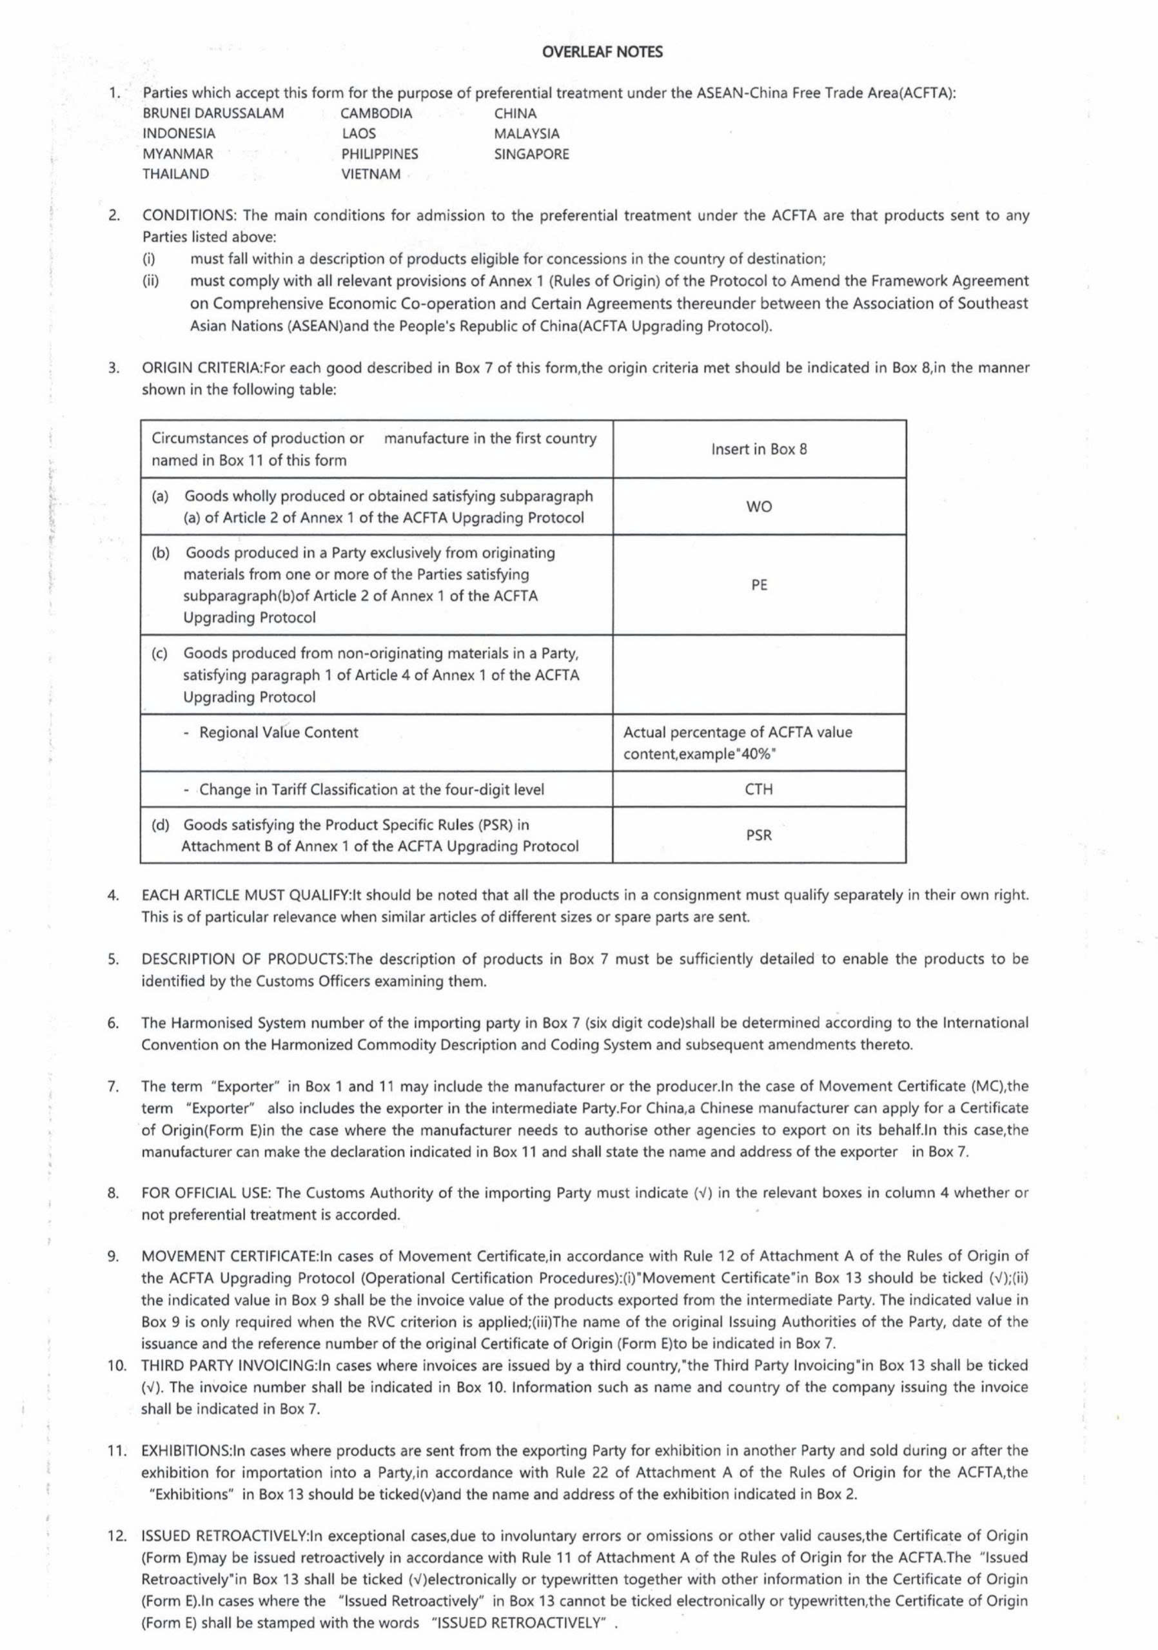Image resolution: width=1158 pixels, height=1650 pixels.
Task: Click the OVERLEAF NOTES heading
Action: tap(602, 52)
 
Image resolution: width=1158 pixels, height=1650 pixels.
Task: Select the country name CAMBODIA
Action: tap(376, 113)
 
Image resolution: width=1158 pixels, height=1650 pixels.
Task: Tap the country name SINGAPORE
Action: tap(531, 154)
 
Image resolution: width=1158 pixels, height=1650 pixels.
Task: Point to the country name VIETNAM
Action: tap(370, 174)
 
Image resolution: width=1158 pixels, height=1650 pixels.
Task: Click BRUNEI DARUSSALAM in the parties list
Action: tap(213, 113)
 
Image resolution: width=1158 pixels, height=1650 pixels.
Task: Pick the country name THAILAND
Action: tap(175, 174)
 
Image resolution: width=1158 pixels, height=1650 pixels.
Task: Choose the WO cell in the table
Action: tap(758, 507)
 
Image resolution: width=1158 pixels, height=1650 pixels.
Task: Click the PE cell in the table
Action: tap(758, 585)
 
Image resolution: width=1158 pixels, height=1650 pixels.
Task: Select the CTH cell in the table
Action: tap(758, 789)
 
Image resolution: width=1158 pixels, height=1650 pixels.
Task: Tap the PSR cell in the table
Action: tap(758, 835)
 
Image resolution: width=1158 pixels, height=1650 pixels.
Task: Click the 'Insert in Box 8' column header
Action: tap(758, 449)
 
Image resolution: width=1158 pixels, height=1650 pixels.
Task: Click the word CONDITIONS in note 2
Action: tap(189, 215)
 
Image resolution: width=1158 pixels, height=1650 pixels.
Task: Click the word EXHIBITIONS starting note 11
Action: tap(184, 1450)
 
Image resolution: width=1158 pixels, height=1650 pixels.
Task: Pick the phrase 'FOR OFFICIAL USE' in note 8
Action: tap(205, 1193)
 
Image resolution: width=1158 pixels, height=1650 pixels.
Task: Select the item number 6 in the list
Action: tap(113, 1023)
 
